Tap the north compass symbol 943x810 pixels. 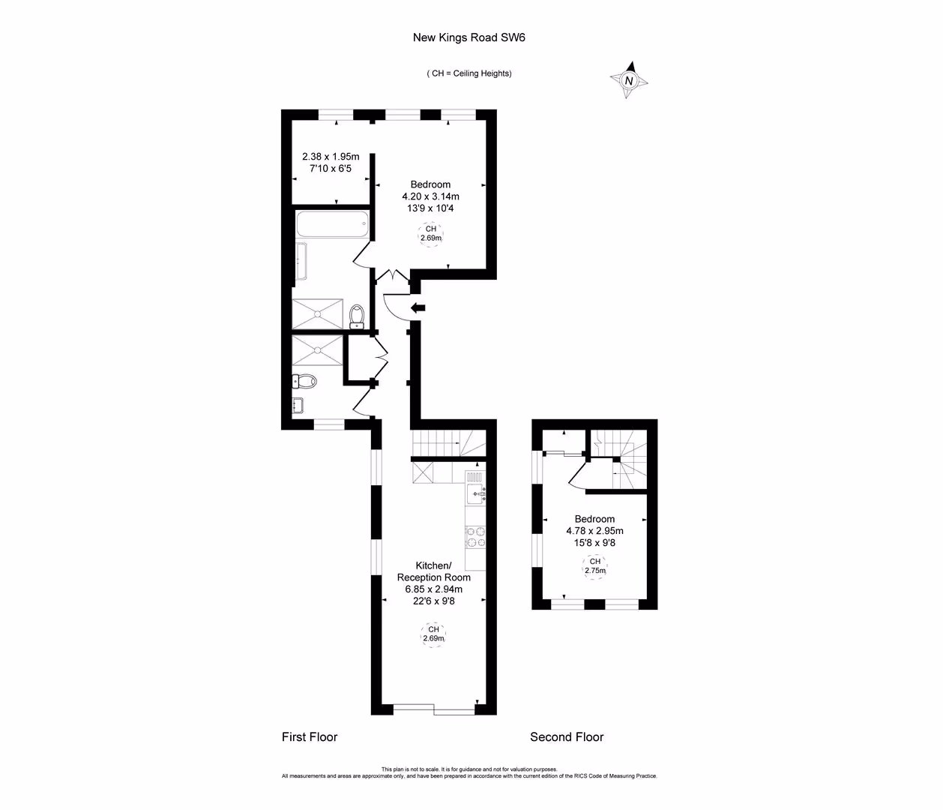(x=629, y=80)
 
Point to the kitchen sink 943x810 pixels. (x=475, y=493)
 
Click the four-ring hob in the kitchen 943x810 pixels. (x=475, y=538)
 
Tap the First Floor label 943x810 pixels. (x=310, y=736)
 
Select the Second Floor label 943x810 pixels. (x=567, y=736)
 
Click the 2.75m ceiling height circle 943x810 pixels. (x=594, y=565)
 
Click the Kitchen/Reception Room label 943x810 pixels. (x=434, y=571)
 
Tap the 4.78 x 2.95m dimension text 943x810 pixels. (x=594, y=531)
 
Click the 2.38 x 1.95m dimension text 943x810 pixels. (x=331, y=157)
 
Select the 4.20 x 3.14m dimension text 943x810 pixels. (x=430, y=196)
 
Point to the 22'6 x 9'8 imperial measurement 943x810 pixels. (x=434, y=601)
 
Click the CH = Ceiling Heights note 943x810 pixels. (x=469, y=73)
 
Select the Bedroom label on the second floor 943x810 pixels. (x=594, y=519)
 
